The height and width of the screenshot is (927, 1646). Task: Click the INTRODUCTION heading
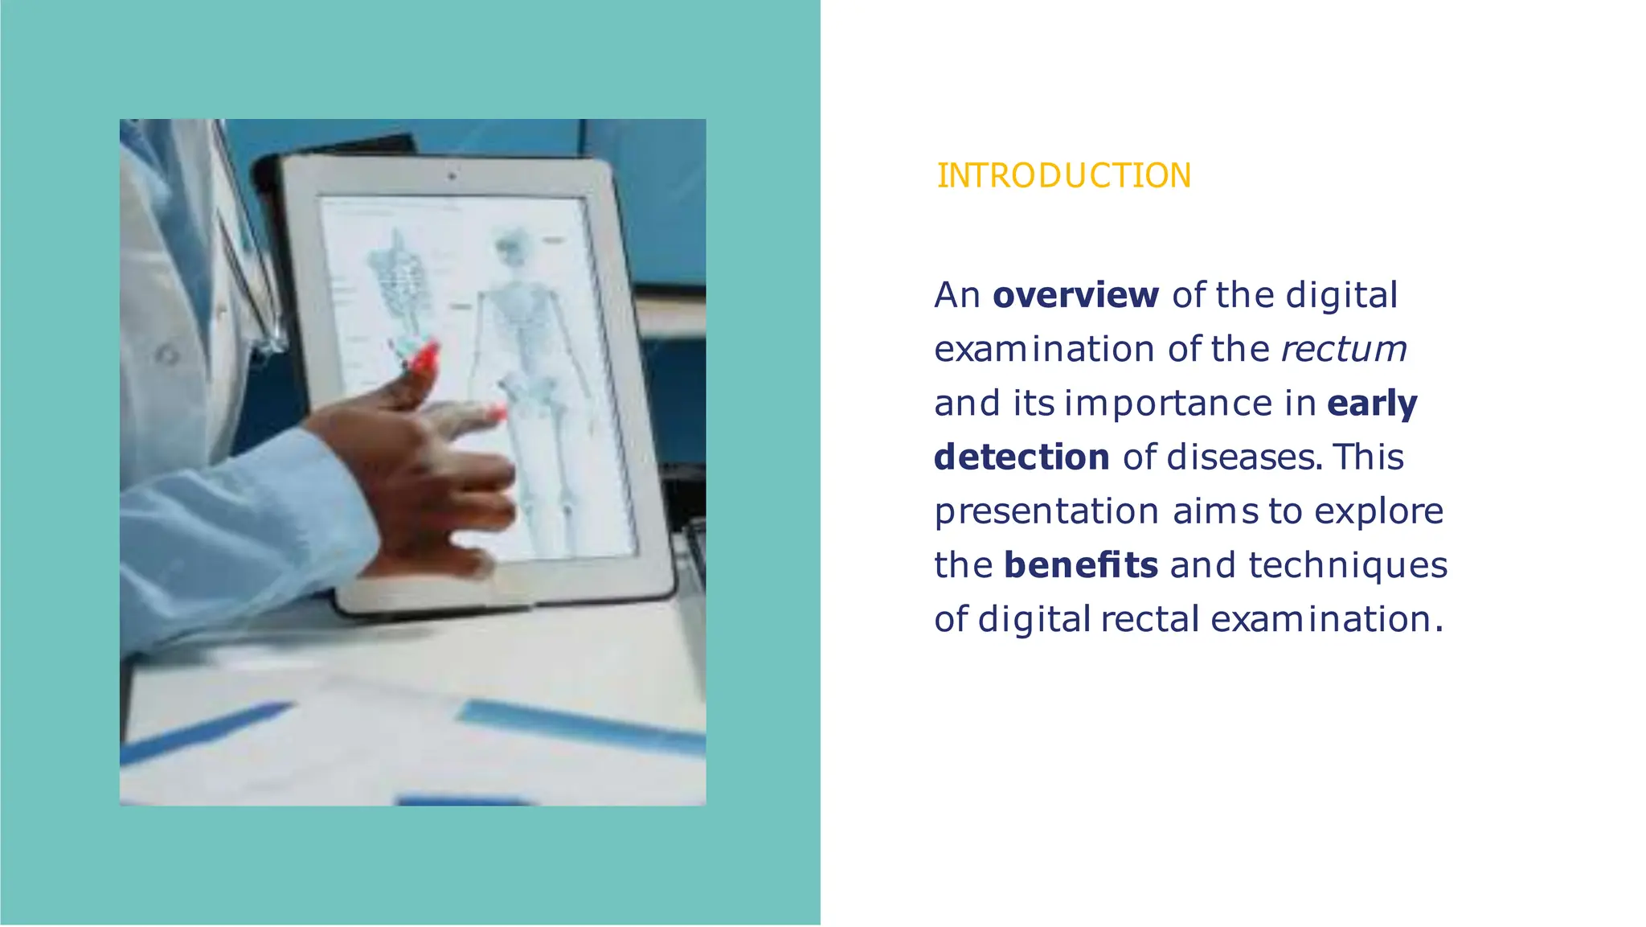point(1063,176)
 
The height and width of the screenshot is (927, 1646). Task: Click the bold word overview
point(1075,295)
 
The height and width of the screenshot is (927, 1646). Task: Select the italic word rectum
point(1343,349)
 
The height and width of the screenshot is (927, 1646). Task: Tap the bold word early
point(1372,403)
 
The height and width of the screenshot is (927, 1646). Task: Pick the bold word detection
point(1022,457)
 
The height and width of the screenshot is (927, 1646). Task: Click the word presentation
point(1046,511)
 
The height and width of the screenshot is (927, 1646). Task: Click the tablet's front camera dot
point(452,175)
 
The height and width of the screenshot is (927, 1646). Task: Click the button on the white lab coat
point(167,355)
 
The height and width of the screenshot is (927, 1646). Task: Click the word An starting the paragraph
point(956,295)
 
